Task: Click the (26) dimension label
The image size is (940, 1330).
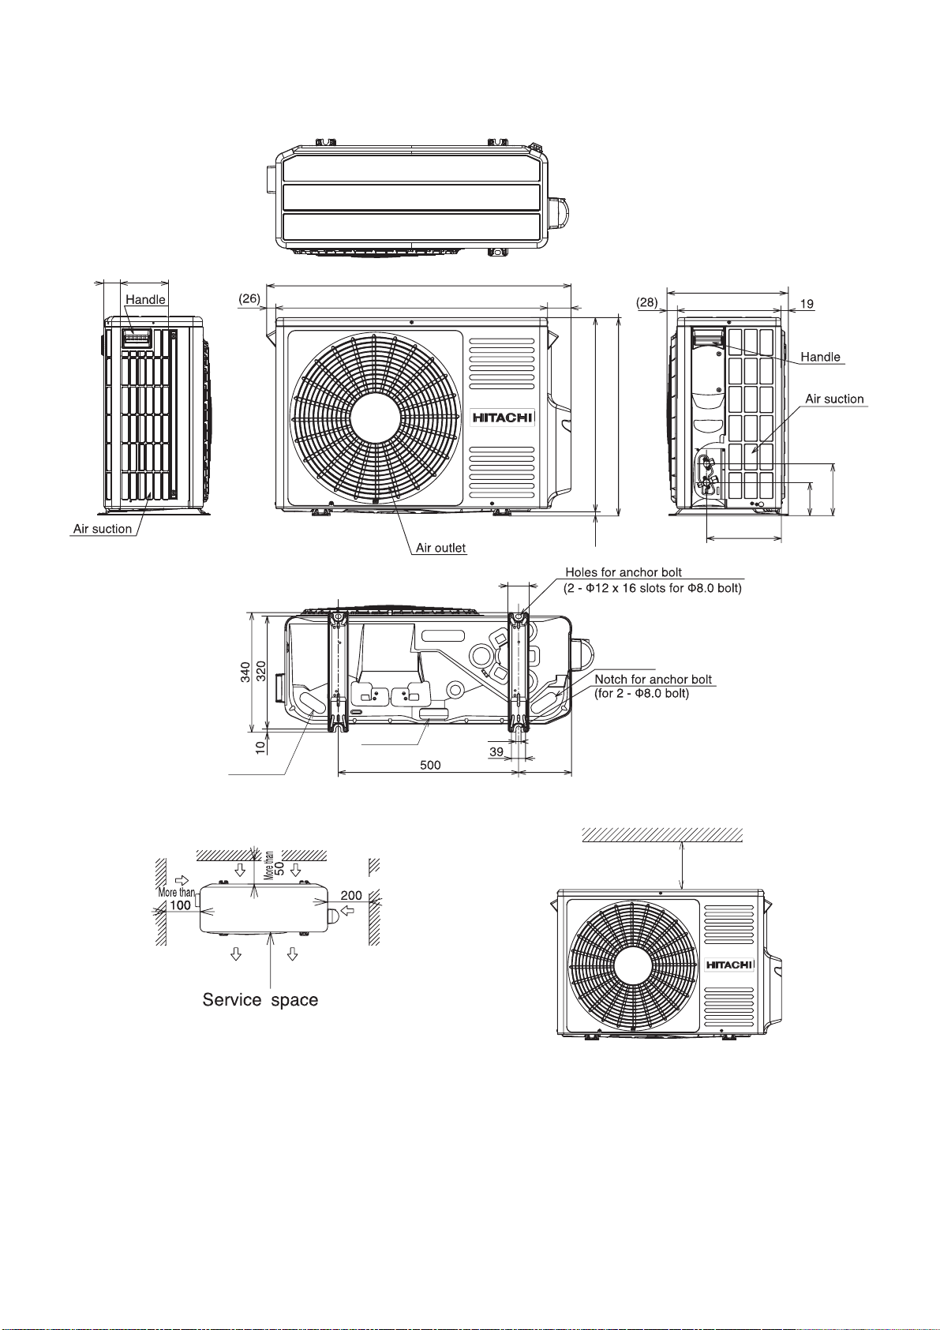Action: coord(249,298)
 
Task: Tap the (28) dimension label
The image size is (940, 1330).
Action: coord(647,302)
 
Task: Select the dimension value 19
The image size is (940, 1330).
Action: coord(807,304)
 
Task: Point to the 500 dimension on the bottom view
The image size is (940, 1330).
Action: coord(430,765)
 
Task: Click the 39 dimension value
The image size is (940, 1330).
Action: coord(496,751)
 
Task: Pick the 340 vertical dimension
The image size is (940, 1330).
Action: coord(245,672)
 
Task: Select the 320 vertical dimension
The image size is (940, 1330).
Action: coord(260,672)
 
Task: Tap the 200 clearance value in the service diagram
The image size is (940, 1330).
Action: coord(351,895)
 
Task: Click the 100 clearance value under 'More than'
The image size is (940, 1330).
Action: coord(181,905)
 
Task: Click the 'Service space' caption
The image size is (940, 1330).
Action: coord(260,1000)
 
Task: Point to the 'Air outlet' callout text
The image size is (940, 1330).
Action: coord(440,548)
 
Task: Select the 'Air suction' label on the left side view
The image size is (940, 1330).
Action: coord(103,528)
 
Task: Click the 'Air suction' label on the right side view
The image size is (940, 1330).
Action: coord(834,399)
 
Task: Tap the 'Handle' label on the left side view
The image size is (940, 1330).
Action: coord(145,299)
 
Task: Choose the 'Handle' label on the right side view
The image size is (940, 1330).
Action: coord(821,356)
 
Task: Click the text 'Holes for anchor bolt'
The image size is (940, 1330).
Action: coord(624,572)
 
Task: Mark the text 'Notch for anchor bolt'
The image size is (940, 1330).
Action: coord(654,680)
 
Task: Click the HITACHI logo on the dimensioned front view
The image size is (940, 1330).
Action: coord(503,418)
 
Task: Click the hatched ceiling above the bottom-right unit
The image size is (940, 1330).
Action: coord(662,835)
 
